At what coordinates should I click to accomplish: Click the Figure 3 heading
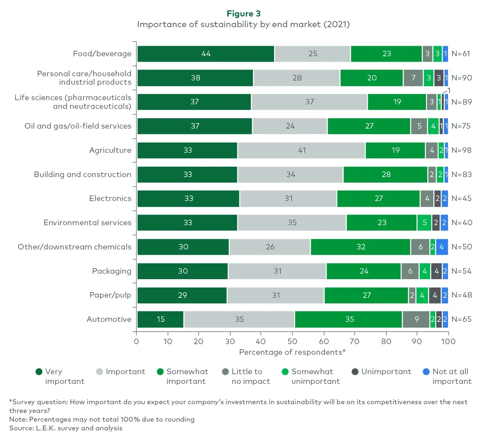click(x=243, y=14)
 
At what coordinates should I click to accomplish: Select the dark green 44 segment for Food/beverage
click(x=206, y=54)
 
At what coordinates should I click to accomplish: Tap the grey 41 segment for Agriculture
click(x=301, y=150)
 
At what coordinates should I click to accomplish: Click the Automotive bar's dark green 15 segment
click(x=160, y=319)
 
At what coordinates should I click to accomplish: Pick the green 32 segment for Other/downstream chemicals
click(x=360, y=247)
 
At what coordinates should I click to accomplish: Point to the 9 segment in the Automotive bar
click(x=416, y=319)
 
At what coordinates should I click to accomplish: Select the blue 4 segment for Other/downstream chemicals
click(x=441, y=247)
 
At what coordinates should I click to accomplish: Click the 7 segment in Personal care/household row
click(x=413, y=78)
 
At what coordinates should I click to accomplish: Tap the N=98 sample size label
click(x=461, y=150)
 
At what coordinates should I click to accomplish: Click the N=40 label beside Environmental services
click(x=461, y=223)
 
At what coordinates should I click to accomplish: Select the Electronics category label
click(x=110, y=198)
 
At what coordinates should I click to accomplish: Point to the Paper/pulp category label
click(x=110, y=295)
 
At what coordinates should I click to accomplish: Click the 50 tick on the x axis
click(x=292, y=341)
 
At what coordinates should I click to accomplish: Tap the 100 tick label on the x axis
click(x=448, y=341)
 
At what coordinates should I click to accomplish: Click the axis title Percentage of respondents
click(x=292, y=352)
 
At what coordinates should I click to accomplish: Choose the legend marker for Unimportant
click(x=355, y=372)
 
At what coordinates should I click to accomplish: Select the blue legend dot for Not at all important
click(x=426, y=372)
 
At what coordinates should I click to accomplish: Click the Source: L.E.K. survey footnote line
click(x=66, y=428)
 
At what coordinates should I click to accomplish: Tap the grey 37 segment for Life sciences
click(x=309, y=102)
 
